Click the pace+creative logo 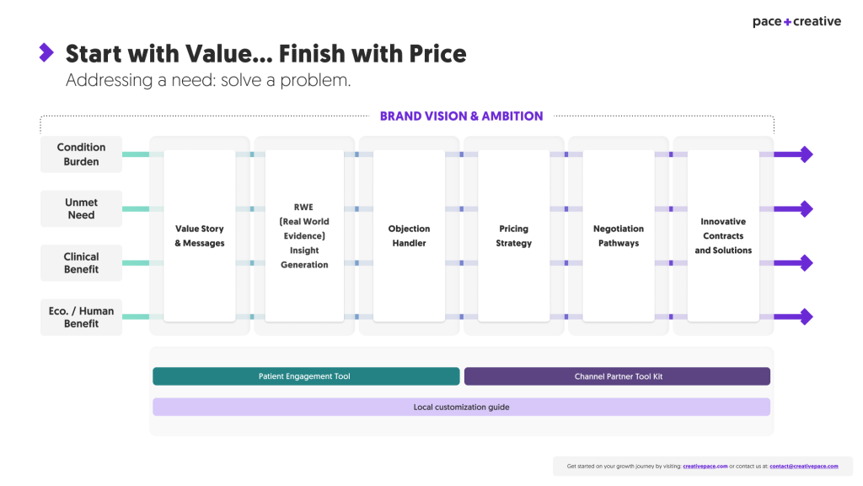pyautogui.click(x=796, y=22)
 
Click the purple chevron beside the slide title pyautogui.click(x=46, y=53)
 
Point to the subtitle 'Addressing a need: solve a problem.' pyautogui.click(x=207, y=81)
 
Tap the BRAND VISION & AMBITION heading pyautogui.click(x=461, y=116)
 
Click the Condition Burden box pyautogui.click(x=82, y=154)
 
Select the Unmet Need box pyautogui.click(x=82, y=208)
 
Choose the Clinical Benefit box pyautogui.click(x=82, y=262)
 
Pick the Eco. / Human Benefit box pyautogui.click(x=82, y=316)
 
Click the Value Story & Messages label pyautogui.click(x=200, y=235)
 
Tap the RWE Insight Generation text pyautogui.click(x=304, y=235)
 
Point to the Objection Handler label pyautogui.click(x=409, y=235)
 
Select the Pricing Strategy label pyautogui.click(x=513, y=235)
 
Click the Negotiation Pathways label pyautogui.click(x=619, y=235)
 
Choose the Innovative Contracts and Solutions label pyautogui.click(x=723, y=235)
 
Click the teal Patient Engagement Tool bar pyautogui.click(x=306, y=376)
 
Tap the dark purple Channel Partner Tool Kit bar pyautogui.click(x=617, y=376)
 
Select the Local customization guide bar pyautogui.click(x=461, y=407)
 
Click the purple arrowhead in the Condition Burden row pyautogui.click(x=806, y=154)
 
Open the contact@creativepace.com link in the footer pyautogui.click(x=803, y=466)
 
